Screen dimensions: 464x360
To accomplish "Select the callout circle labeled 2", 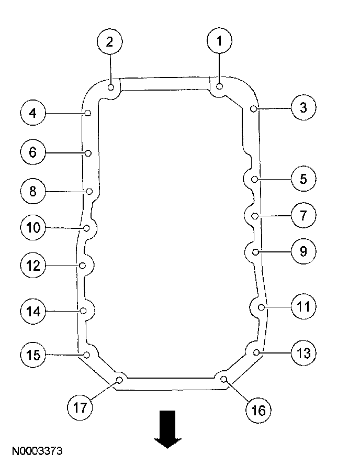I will pos(109,42).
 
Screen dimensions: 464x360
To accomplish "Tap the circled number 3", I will pos(303,108).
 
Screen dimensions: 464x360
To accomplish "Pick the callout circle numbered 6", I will pos(32,152).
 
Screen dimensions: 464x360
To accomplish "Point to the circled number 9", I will pos(303,252).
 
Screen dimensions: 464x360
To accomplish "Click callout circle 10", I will pos(32,227).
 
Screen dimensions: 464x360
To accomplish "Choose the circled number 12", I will pos(32,266).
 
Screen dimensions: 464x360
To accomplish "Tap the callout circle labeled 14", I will pos(32,312).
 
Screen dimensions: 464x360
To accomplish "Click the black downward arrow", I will pos(168,429).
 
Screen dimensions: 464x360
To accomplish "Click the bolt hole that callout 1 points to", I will pos(220,86).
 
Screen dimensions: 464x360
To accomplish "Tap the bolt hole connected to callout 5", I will pos(255,179).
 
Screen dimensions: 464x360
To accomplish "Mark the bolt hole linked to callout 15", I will pos(87,355).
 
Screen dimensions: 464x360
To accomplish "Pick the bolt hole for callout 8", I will pos(89,191).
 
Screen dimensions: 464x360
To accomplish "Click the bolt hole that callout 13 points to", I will pos(256,352).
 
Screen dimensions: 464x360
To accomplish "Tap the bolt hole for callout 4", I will pos(88,113).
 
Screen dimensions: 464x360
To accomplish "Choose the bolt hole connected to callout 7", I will pos(255,216).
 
